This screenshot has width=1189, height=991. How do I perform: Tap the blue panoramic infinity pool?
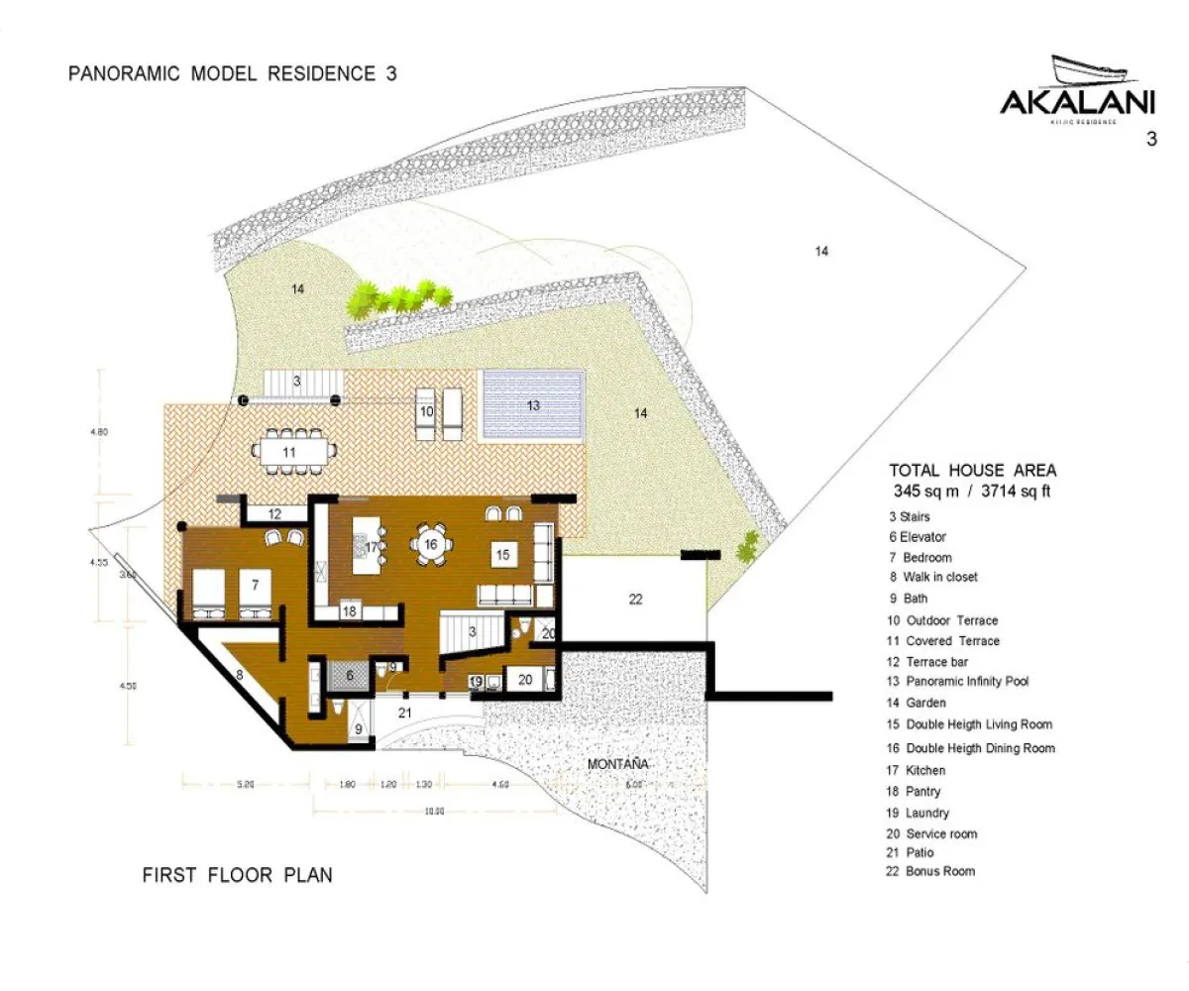[532, 405]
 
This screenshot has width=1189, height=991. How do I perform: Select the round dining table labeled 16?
[431, 545]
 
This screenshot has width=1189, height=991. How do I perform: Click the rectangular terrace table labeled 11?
[288, 451]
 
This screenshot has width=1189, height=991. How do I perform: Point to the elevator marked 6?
[349, 674]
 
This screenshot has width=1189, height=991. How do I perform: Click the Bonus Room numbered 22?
[635, 599]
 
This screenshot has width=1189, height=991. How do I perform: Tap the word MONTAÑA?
[617, 764]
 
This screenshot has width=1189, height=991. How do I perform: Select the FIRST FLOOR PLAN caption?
[238, 875]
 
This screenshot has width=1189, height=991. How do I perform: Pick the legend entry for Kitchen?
[924, 770]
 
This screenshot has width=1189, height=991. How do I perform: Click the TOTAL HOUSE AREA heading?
[972, 471]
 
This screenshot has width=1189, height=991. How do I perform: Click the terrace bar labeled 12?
[273, 513]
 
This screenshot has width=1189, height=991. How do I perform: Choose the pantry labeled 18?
[350, 611]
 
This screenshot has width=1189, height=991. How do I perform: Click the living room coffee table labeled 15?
[502, 555]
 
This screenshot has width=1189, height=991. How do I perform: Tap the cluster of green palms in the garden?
[399, 295]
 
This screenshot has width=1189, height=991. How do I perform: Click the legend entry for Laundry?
[926, 813]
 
